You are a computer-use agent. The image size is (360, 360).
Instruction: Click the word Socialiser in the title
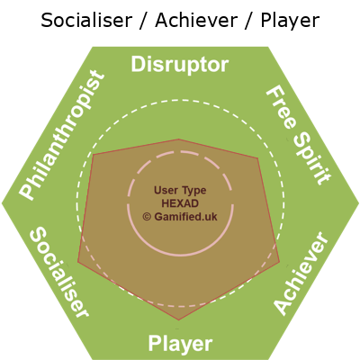(x=86, y=21)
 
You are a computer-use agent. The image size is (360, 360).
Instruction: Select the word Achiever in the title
(x=196, y=21)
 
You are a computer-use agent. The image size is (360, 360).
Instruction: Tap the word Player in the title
(x=290, y=22)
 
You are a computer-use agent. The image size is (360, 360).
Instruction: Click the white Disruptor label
(x=180, y=66)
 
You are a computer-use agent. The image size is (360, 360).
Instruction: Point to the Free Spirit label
(x=299, y=135)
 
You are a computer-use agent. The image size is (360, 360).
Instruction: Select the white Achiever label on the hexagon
(x=301, y=273)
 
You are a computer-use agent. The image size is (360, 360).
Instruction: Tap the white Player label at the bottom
(x=181, y=345)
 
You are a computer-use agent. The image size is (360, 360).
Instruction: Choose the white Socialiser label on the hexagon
(x=59, y=272)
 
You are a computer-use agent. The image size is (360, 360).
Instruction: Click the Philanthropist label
(x=62, y=135)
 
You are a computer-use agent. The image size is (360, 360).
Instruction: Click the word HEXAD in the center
(x=180, y=203)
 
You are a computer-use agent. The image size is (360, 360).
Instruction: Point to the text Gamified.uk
(x=185, y=217)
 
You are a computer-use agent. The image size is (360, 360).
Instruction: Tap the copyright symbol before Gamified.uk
(x=147, y=217)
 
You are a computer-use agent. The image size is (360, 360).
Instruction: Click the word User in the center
(x=165, y=190)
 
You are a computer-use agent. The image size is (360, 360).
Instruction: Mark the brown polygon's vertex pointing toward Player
(x=179, y=320)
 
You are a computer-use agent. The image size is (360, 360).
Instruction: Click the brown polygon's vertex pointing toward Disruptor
(x=179, y=139)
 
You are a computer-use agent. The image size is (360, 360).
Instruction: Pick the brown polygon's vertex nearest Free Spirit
(x=257, y=157)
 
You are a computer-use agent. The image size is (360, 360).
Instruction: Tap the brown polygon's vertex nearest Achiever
(x=279, y=261)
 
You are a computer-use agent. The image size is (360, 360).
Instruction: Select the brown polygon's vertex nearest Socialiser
(x=78, y=262)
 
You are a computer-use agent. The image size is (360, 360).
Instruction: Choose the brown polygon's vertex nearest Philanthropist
(x=94, y=155)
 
